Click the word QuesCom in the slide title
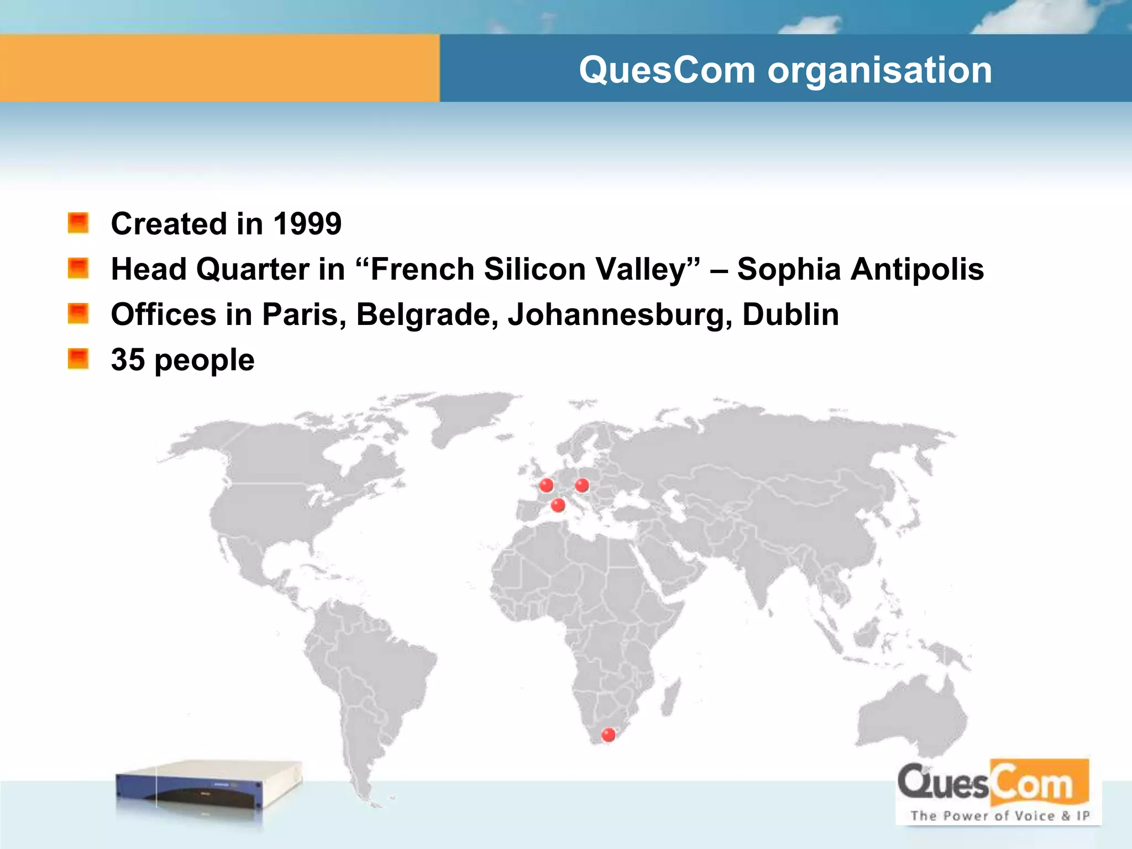667,71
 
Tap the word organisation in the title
880,71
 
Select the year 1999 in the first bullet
307,224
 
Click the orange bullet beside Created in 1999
78,223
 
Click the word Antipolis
917,270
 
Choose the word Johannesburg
620,315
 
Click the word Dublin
790,315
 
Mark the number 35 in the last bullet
128,360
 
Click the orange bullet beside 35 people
78,359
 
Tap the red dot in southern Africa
608,735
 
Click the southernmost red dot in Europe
558,505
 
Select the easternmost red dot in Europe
582,485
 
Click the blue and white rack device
209,788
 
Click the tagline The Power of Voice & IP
999,816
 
